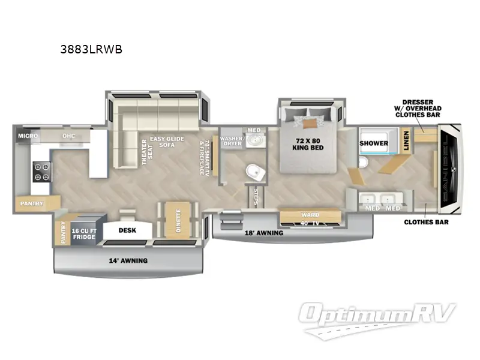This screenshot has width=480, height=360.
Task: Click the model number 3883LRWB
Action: [91, 50]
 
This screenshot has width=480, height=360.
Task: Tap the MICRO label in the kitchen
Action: [28, 136]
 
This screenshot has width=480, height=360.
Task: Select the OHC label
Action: [68, 136]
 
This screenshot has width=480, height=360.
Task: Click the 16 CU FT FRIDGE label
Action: [85, 233]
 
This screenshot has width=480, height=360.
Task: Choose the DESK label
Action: [127, 230]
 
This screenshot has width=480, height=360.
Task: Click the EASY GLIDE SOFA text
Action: [166, 143]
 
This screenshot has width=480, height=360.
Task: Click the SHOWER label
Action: [374, 143]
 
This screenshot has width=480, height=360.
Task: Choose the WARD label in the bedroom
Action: [310, 215]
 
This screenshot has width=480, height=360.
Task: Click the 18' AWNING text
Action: [264, 233]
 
